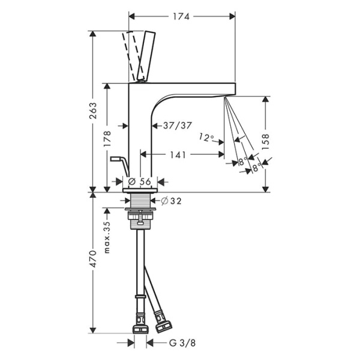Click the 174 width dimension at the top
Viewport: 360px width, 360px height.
point(181,17)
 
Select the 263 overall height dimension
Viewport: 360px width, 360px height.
point(93,110)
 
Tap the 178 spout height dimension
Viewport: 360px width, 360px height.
point(107,139)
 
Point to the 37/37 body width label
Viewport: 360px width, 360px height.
point(177,125)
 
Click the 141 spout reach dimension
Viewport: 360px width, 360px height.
point(178,155)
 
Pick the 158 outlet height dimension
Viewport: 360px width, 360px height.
point(265,142)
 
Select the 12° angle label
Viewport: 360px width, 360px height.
point(206,137)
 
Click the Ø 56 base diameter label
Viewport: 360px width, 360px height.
point(140,182)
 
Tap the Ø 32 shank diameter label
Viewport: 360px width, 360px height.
point(171,201)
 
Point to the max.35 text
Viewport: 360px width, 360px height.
point(107,237)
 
